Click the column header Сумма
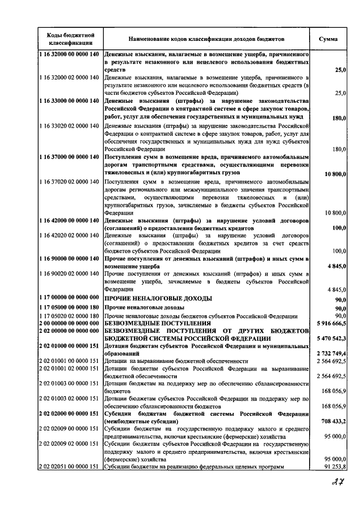click(x=328, y=39)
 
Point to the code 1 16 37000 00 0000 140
click(x=69, y=156)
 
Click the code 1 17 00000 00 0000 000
click(x=69, y=298)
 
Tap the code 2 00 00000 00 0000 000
click(x=69, y=322)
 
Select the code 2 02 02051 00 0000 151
click(x=69, y=466)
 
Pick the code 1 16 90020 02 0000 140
click(x=69, y=274)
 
